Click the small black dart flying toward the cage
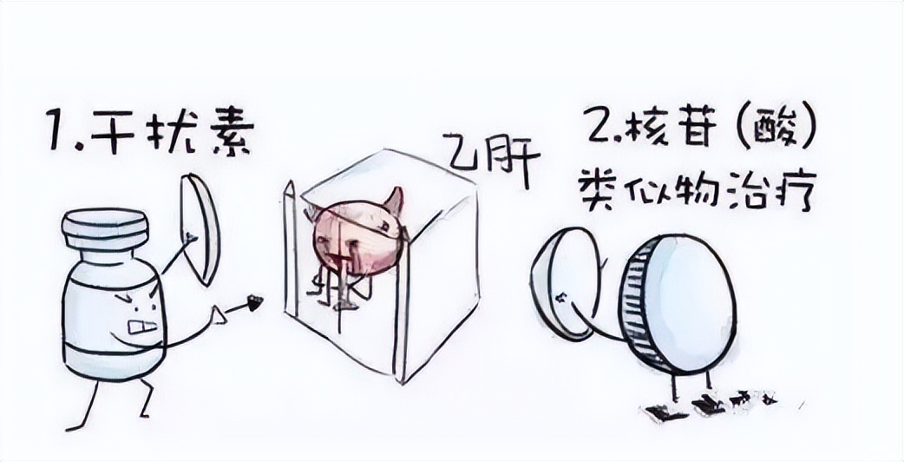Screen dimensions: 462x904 [254, 302]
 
